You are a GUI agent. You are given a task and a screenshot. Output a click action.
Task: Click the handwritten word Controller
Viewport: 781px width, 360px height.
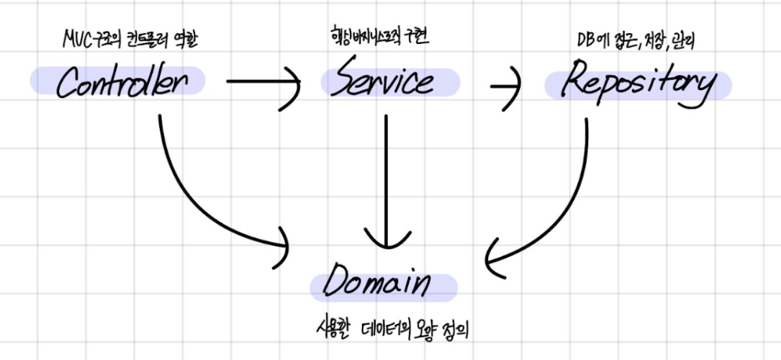coord(122,84)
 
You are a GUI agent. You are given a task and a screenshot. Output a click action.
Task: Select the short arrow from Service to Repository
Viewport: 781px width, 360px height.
coord(507,85)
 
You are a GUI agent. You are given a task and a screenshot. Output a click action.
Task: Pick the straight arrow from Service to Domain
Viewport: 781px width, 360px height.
coord(387,180)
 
